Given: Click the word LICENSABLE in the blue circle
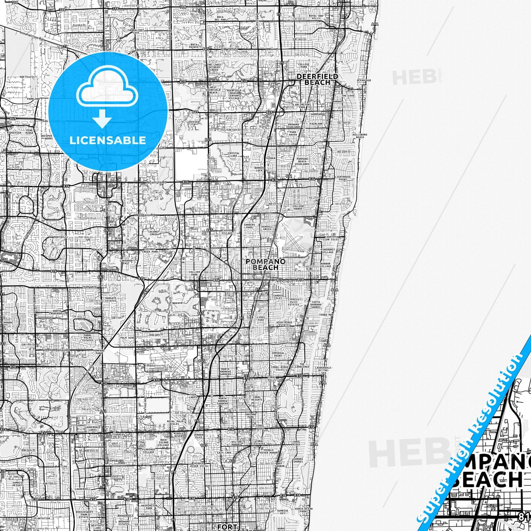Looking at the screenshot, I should coord(108,140).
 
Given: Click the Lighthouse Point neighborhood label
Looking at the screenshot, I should coord(342,178).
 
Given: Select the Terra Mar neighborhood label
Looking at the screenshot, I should coord(326,315).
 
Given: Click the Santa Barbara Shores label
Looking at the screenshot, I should coord(316,304).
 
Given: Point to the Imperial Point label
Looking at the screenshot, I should coord(277,354).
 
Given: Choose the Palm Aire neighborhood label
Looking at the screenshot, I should coord(127,337).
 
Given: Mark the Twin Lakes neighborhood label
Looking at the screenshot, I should coord(193,397).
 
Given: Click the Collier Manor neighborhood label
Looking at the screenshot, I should coord(298,208).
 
